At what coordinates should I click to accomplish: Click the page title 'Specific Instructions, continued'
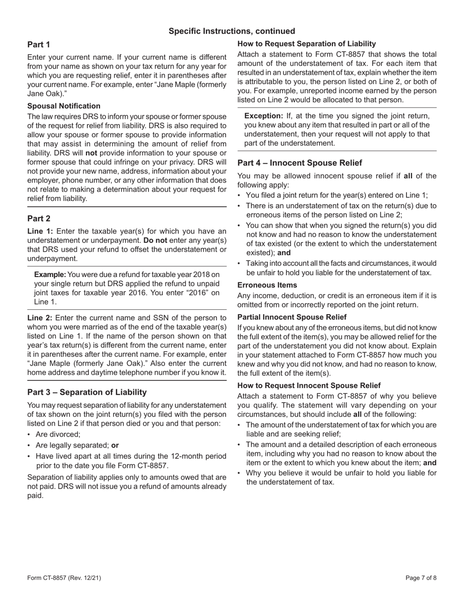[x=232, y=31]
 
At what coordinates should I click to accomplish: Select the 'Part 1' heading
[x=39, y=44]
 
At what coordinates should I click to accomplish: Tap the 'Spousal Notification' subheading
[x=64, y=106]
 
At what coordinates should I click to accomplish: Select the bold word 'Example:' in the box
[x=49, y=274]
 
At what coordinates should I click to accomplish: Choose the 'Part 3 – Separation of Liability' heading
[x=87, y=392]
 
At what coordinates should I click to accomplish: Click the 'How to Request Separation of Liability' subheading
[x=307, y=43]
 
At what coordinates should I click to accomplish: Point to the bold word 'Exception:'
[x=263, y=116]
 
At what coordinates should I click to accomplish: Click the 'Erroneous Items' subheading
[x=267, y=284]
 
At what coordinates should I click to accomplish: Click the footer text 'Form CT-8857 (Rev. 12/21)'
[x=64, y=578]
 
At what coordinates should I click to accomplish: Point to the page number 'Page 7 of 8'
[x=421, y=578]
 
